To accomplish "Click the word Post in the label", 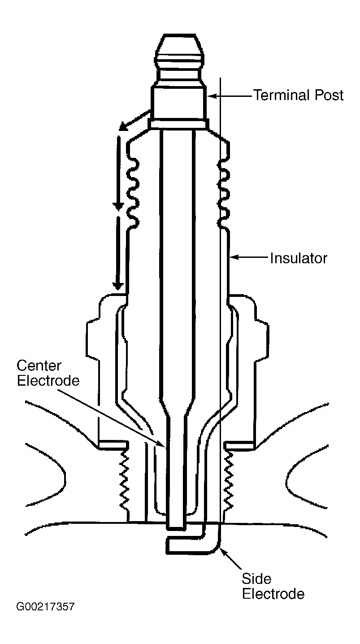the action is click(329, 95).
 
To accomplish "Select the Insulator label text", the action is click(299, 258).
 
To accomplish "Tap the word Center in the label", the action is click(39, 366).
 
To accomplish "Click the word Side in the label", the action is click(256, 579).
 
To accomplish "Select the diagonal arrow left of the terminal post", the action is click(134, 120).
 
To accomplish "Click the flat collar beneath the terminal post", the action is click(178, 125).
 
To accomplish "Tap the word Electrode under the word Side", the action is click(273, 594).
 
